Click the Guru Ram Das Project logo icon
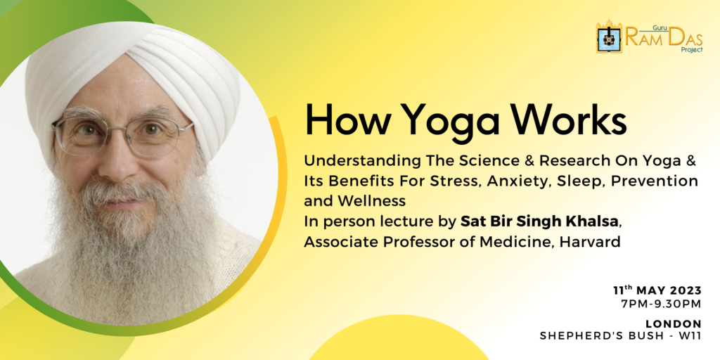coord(609,37)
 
